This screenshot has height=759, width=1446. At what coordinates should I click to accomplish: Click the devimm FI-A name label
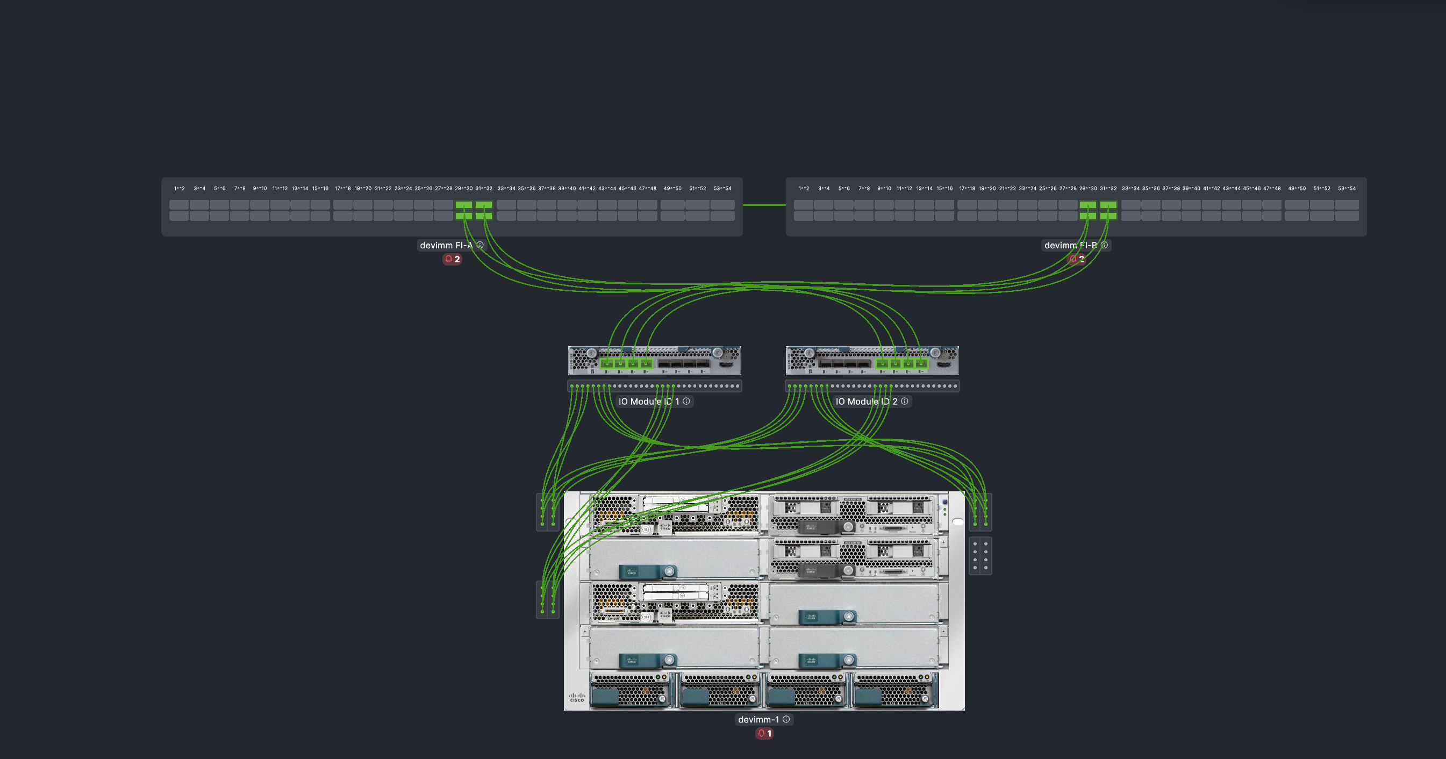coord(446,245)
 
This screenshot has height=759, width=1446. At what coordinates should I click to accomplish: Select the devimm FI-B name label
coord(1070,245)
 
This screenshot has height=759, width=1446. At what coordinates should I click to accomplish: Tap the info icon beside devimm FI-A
coord(480,245)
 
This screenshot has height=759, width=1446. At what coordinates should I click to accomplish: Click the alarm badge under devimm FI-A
coord(452,260)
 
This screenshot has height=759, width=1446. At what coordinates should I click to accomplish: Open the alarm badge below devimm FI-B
coord(1077,260)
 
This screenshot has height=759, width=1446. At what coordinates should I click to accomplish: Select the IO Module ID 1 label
coord(648,402)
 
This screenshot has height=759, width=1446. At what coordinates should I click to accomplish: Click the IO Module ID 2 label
coord(866,402)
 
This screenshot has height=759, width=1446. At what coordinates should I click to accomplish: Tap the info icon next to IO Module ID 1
coord(686,401)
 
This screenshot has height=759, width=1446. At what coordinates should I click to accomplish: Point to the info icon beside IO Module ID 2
coord(904,401)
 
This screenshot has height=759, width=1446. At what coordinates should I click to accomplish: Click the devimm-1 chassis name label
coord(758,720)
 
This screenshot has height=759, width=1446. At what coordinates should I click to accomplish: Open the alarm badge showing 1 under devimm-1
coord(764,733)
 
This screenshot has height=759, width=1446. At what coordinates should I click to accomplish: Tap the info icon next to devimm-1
coord(786,719)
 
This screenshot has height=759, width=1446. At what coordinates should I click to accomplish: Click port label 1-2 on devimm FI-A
coord(179,189)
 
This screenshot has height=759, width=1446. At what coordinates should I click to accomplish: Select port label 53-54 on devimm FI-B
coord(1347,189)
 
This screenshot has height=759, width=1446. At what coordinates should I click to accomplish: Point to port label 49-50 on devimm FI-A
coord(672,189)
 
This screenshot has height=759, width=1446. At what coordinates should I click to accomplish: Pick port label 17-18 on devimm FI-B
coord(967,189)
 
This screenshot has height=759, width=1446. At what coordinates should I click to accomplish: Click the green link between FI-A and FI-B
coord(764,205)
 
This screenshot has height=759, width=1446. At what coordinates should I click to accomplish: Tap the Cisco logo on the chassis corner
coord(577,697)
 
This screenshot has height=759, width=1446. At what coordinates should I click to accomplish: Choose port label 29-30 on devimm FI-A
coord(464,189)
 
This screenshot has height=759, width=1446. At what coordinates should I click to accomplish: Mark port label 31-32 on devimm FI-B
coord(1108,189)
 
